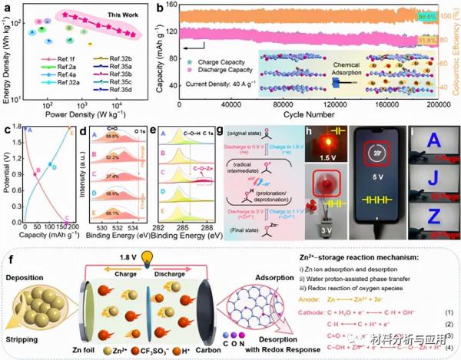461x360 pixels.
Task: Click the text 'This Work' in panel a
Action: click(143, 15)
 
